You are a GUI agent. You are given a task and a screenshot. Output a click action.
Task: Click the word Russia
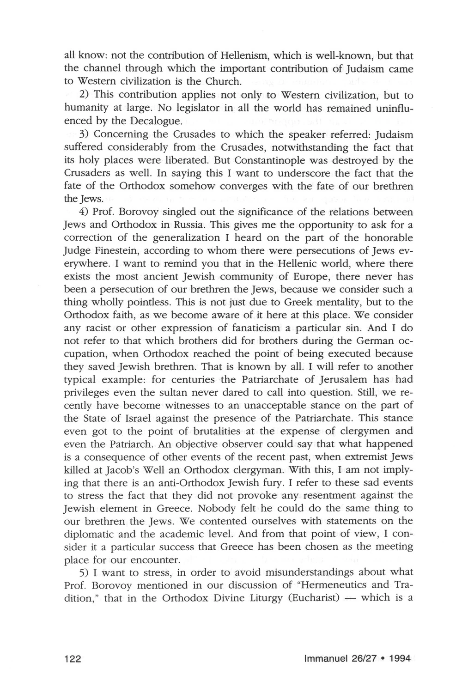pyautogui.click(x=188, y=225)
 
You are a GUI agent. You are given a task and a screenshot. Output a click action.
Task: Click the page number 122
pyautogui.click(x=73, y=659)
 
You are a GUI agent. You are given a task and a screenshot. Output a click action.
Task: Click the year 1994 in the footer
pyautogui.click(x=400, y=659)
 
